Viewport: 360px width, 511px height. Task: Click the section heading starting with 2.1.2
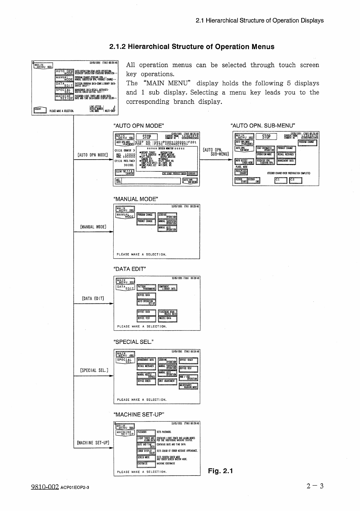(x=192, y=47)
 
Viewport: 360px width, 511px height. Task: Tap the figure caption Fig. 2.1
(x=220, y=471)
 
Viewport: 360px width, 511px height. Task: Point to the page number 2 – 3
(x=315, y=486)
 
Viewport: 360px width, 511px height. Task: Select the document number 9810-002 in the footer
(x=45, y=487)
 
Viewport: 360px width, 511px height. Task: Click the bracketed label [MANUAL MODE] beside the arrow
(x=93, y=227)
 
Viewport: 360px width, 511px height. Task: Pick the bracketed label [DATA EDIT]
(x=93, y=299)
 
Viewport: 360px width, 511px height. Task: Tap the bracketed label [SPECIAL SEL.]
(x=94, y=371)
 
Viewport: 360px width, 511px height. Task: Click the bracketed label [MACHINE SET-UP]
(x=93, y=443)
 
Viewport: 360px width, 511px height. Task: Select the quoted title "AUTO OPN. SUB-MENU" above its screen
(x=263, y=126)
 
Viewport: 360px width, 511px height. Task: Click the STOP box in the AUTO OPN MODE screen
(x=147, y=137)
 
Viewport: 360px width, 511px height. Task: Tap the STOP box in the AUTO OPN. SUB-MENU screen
(x=266, y=137)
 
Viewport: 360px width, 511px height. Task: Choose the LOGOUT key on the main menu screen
(x=39, y=110)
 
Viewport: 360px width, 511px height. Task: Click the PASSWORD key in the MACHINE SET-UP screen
(x=146, y=432)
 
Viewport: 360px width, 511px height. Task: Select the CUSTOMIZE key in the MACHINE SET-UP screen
(x=146, y=464)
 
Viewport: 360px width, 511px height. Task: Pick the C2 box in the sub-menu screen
(x=296, y=180)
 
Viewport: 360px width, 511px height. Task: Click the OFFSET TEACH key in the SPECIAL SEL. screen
(x=188, y=360)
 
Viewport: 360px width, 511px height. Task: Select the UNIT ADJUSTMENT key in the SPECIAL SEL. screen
(x=167, y=381)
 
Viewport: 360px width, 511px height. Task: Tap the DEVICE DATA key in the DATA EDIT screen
(x=146, y=296)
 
